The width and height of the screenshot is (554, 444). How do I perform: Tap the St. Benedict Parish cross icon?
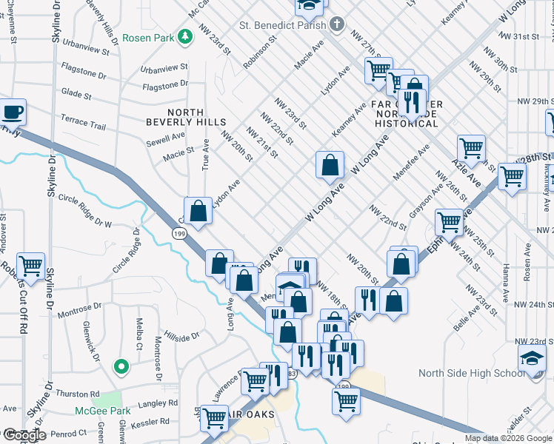pos(337,25)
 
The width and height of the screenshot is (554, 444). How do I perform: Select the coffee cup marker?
pos(12,113)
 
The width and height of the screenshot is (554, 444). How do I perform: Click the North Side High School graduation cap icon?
pos(531,360)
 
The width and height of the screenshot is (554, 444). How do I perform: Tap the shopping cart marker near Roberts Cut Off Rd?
pos(30,266)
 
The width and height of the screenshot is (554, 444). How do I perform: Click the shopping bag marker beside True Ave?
pos(198,211)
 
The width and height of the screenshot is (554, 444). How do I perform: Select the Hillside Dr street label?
pos(181,336)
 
